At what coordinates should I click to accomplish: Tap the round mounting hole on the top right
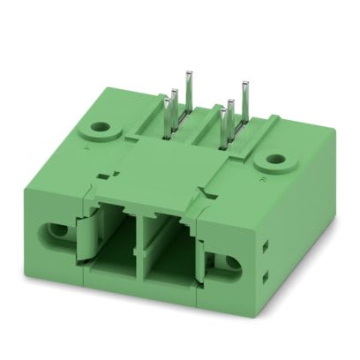277,161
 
